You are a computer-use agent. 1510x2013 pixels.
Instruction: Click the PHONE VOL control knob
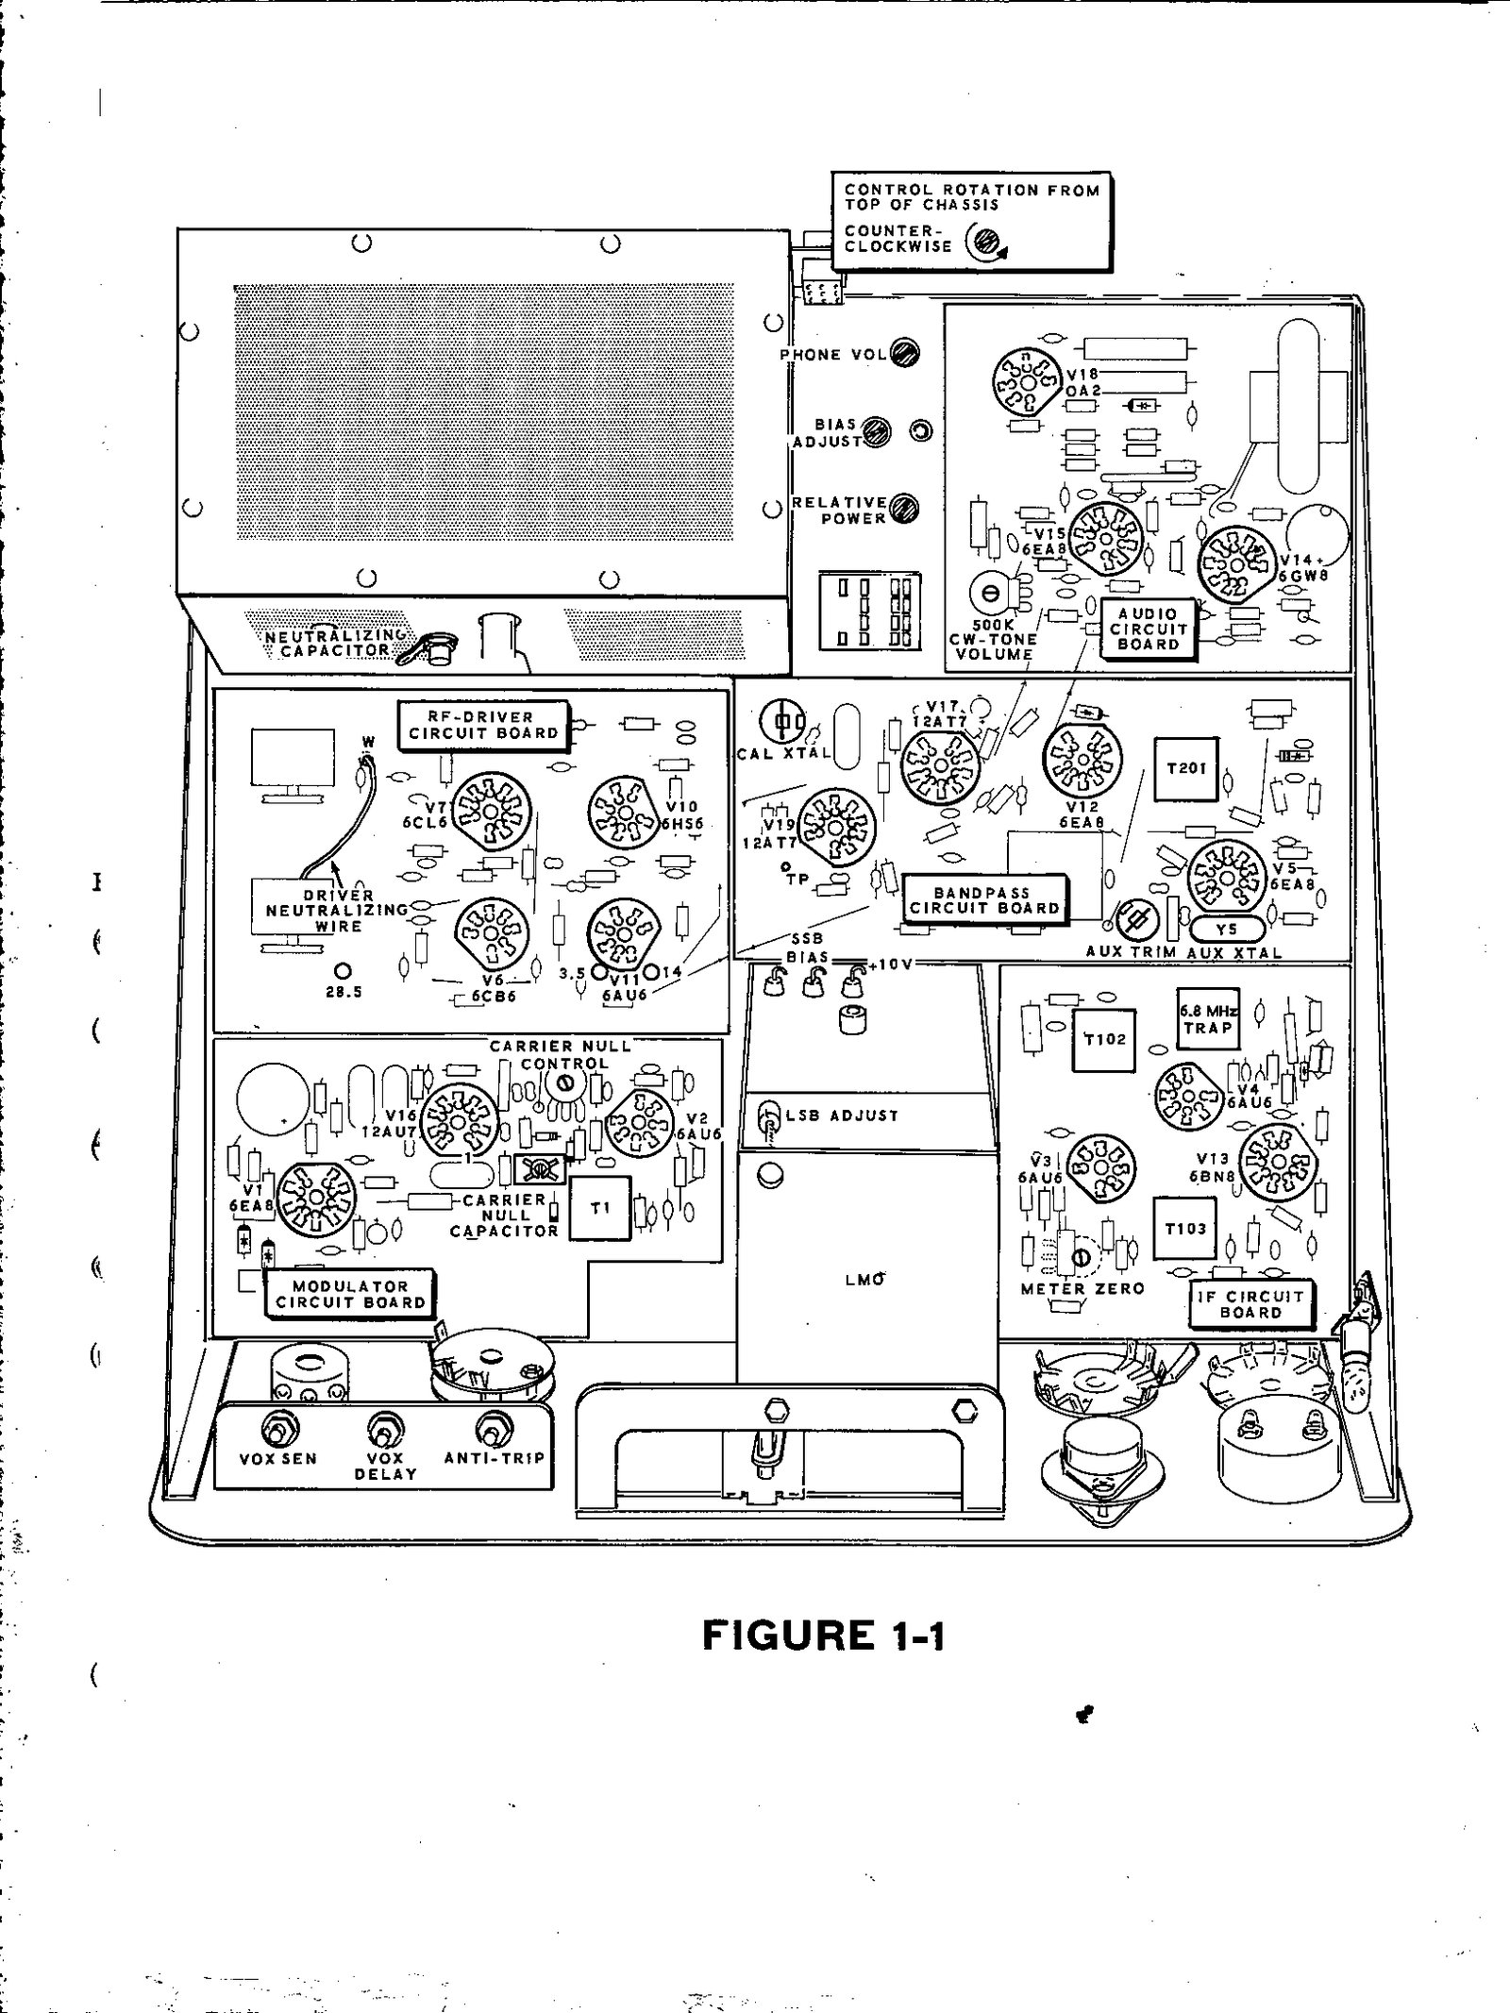pos(904,353)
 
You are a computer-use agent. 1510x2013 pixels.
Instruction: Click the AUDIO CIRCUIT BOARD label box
pos(1148,629)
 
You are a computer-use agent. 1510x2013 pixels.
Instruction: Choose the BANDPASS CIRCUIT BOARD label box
pos(983,899)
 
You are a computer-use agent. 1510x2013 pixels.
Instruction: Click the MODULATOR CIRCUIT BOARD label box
pos(350,1294)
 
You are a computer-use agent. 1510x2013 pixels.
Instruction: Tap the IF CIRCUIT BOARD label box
pos(1250,1304)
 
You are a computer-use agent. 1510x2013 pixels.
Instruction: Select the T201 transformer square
pos(1186,768)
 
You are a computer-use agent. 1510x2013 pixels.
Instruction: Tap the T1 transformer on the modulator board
pos(600,1209)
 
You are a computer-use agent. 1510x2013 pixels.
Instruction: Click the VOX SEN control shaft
pos(277,1431)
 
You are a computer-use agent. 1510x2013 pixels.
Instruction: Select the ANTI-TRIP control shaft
pos(491,1431)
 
